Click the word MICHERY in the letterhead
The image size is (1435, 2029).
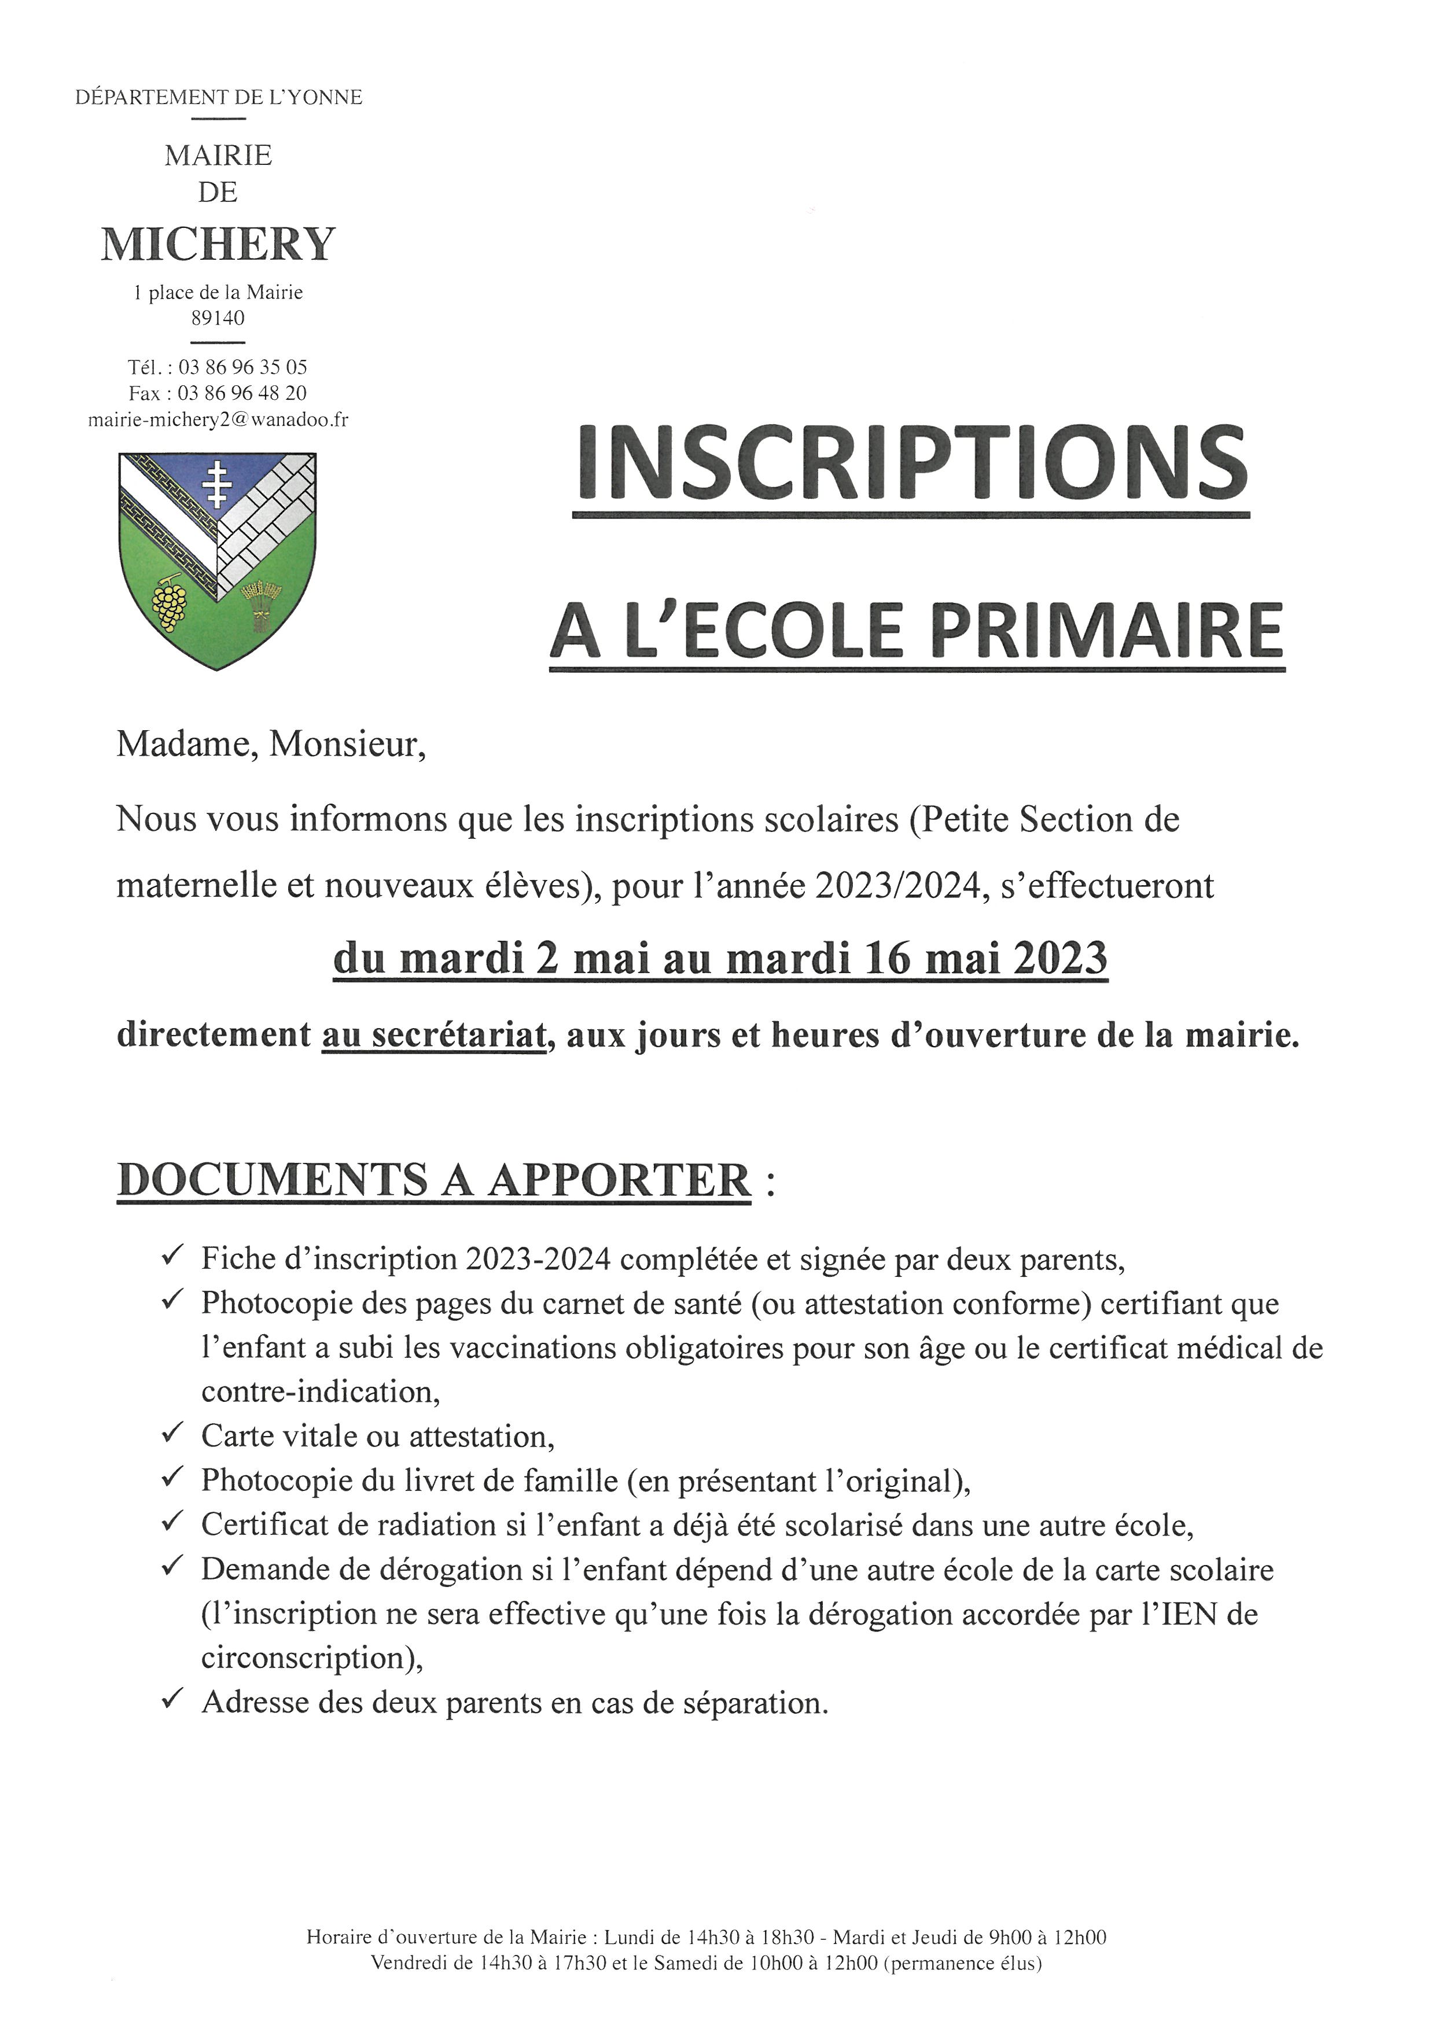[218, 244]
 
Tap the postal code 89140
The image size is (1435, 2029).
[218, 318]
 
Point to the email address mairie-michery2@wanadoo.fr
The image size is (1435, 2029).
[218, 420]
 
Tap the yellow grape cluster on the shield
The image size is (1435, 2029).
[170, 603]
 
